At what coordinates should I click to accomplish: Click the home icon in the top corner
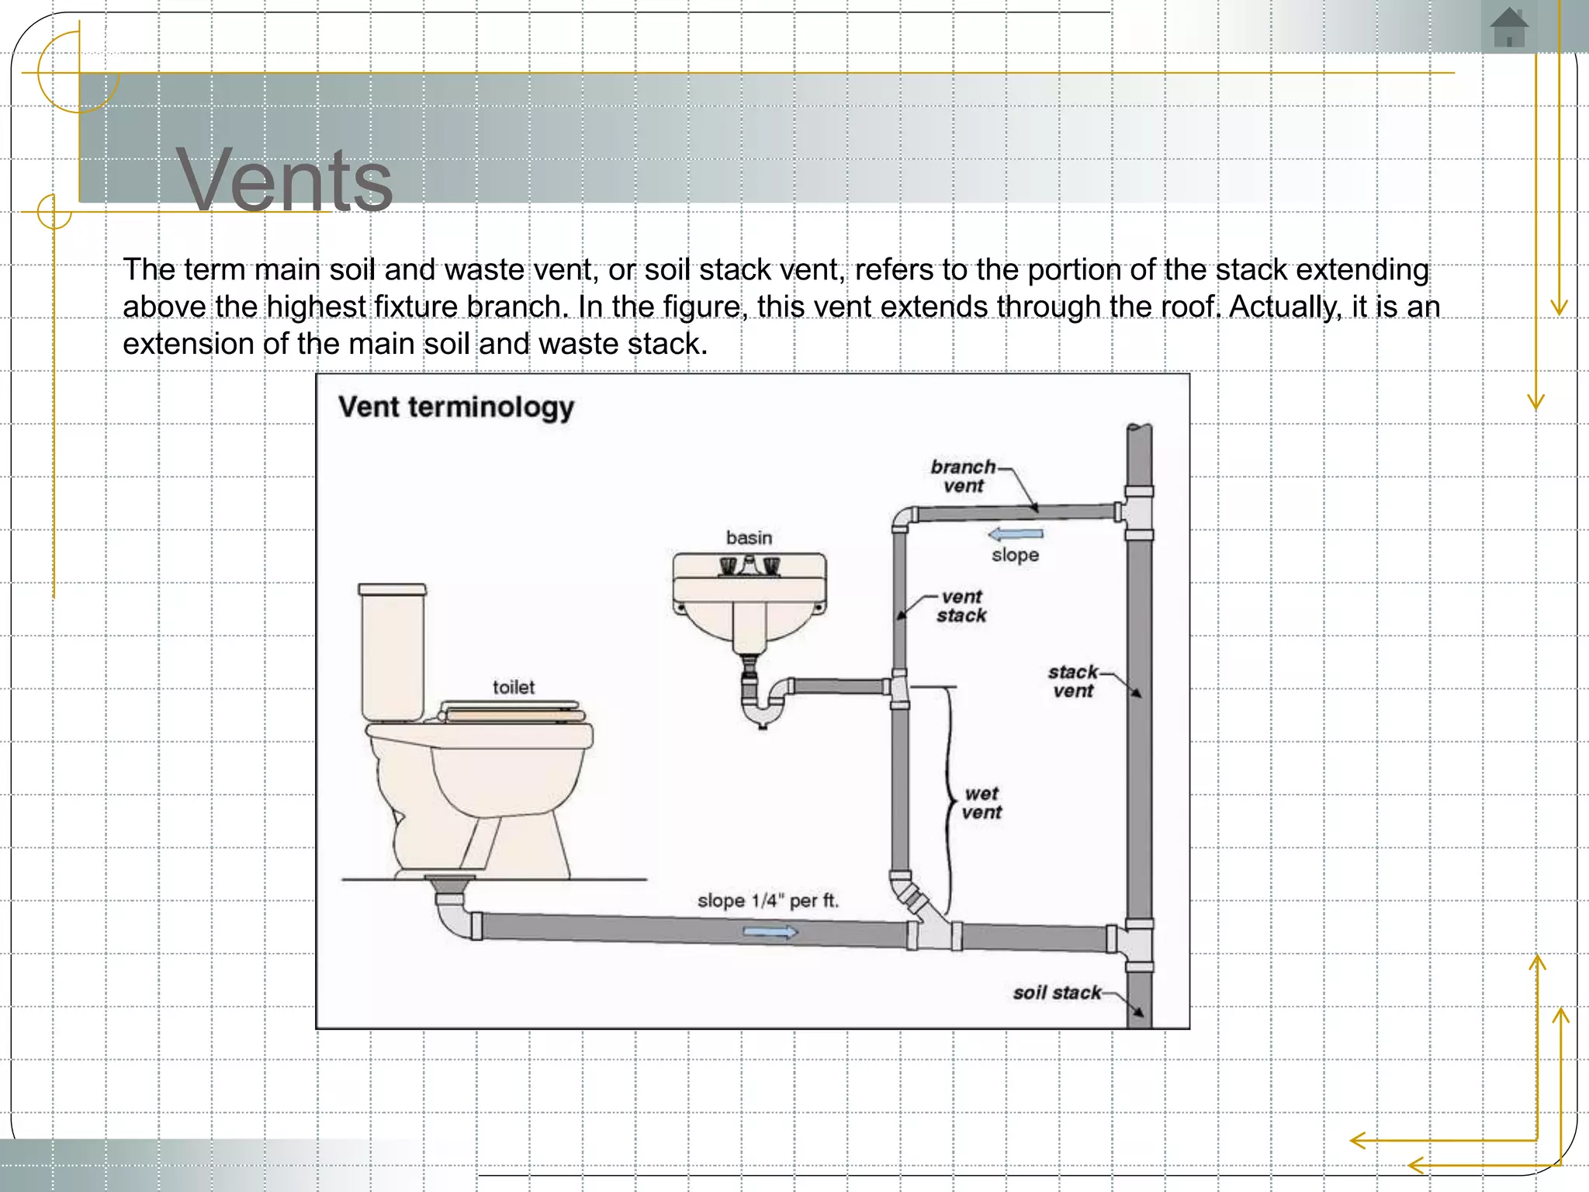(1508, 28)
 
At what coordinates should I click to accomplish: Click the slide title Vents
(284, 180)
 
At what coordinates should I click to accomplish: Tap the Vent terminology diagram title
(456, 407)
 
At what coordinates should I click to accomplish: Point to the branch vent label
(963, 476)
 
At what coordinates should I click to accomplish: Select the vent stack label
(961, 606)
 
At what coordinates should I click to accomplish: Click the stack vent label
(1073, 681)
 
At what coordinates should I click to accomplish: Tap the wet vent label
(981, 803)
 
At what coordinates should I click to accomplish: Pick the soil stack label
(1057, 993)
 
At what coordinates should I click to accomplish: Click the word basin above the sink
(749, 538)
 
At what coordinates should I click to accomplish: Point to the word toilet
(514, 688)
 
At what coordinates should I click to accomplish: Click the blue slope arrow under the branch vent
(1015, 534)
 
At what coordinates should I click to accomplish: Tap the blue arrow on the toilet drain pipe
(770, 932)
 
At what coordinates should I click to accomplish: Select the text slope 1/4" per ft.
(767, 901)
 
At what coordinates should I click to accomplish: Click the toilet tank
(393, 652)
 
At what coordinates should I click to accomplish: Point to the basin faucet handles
(749, 567)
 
